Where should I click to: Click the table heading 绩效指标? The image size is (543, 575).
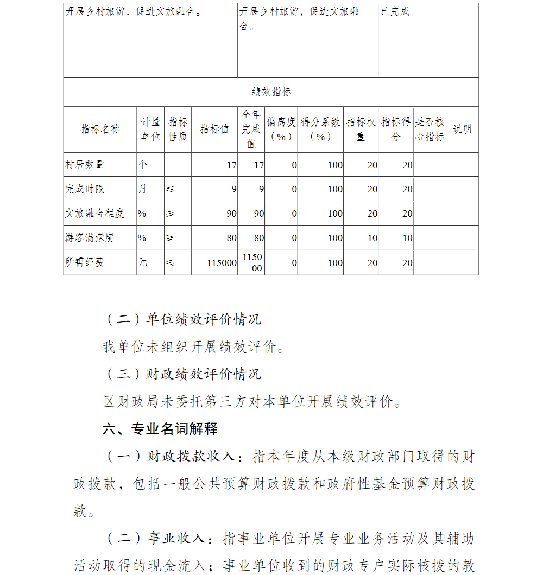click(x=271, y=92)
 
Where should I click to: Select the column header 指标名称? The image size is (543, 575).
click(x=100, y=129)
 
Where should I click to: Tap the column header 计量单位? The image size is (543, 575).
click(x=150, y=129)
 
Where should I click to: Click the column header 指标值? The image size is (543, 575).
click(x=214, y=129)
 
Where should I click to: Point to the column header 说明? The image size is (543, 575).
click(x=462, y=129)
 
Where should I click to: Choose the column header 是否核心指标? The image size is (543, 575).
click(x=430, y=129)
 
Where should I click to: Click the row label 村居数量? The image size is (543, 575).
click(x=85, y=165)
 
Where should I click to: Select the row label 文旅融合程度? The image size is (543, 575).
click(x=94, y=213)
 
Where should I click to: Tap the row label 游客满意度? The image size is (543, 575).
click(x=90, y=238)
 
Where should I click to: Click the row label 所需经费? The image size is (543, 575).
click(x=85, y=262)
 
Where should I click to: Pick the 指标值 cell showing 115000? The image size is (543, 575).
click(x=222, y=263)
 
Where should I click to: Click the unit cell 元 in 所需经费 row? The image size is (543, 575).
click(x=142, y=262)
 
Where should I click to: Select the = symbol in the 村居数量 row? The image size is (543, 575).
click(x=169, y=164)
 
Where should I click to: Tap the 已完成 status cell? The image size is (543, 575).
click(x=395, y=11)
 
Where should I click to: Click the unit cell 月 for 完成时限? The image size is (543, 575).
click(x=142, y=189)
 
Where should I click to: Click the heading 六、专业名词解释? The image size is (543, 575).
click(x=160, y=429)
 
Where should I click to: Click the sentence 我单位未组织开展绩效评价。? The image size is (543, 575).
click(x=194, y=346)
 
